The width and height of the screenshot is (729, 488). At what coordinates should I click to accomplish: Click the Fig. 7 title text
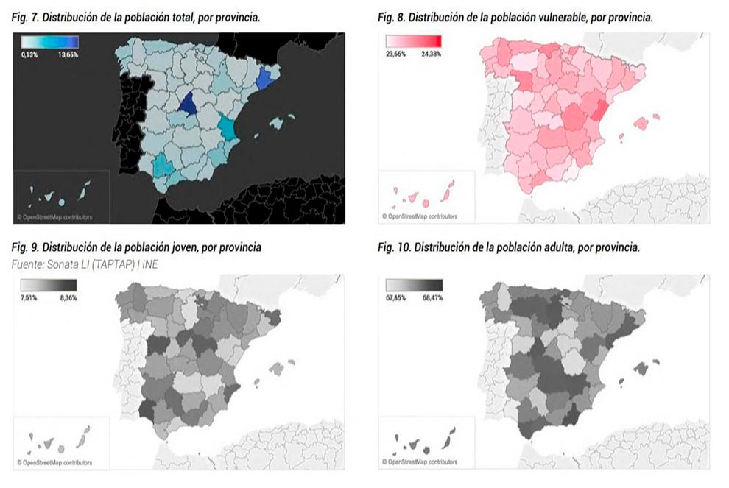coord(136,16)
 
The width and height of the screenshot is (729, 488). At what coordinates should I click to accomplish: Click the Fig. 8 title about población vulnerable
coord(515,16)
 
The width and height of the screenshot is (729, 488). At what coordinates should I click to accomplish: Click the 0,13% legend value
coord(31,54)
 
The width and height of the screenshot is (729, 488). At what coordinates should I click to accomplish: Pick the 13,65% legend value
coord(68,54)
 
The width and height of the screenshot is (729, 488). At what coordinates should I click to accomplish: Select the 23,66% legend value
coord(396,53)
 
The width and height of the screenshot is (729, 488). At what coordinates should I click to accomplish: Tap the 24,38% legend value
coord(430,53)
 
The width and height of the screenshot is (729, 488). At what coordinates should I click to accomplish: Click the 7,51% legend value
coord(30,298)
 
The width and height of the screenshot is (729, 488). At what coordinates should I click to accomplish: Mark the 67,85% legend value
coord(396,298)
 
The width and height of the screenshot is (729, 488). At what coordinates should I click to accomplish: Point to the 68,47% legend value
coord(431,298)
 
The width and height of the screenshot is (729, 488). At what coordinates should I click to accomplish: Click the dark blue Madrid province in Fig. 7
coord(189,105)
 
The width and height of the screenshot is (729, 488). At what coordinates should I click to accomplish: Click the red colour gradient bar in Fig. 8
coord(413,42)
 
